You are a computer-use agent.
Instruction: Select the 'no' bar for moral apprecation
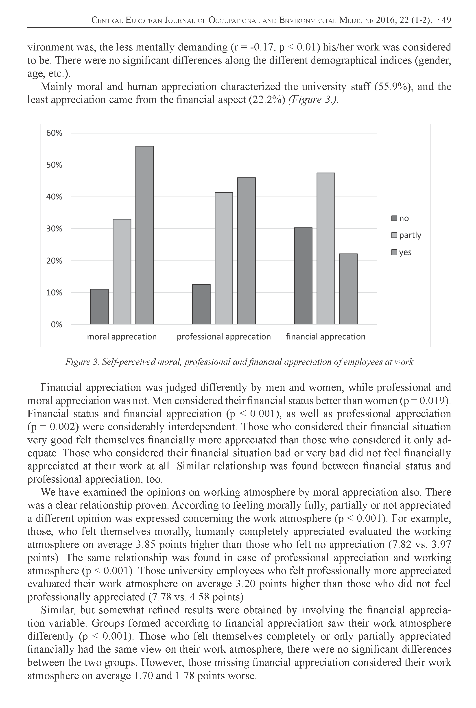(99, 307)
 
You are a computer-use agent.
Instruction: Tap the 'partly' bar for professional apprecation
(224, 258)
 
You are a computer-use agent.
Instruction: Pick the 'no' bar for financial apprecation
(303, 276)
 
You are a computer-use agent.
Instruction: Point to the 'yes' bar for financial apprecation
(348, 289)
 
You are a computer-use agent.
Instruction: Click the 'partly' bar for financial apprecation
(326, 248)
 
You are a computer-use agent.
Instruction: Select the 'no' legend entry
(400, 218)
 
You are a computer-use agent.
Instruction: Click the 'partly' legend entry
(406, 235)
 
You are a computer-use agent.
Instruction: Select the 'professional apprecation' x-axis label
(224, 337)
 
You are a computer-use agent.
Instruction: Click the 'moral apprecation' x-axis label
(122, 337)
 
